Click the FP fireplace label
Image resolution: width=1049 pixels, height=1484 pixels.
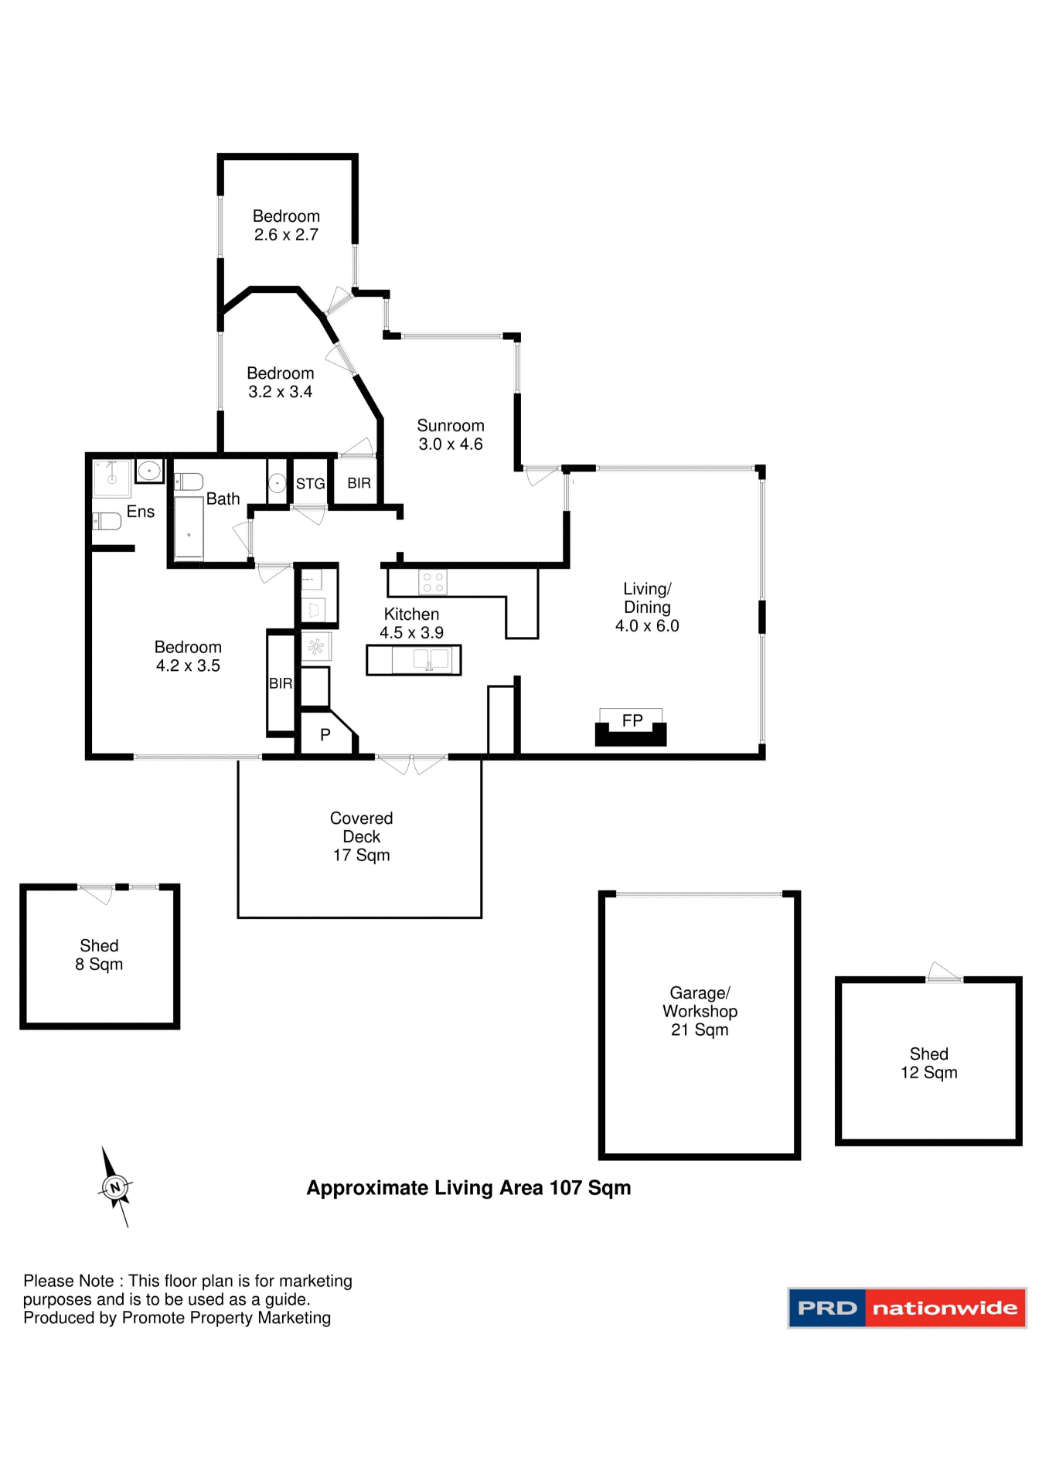632,720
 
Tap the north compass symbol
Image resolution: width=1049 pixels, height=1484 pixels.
116,1187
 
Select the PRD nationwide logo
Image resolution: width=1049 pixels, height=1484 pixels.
907,1308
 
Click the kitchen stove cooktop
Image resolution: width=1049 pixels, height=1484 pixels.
432,582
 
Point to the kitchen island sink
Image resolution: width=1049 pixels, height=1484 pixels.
431,659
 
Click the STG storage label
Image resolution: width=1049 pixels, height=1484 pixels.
310,484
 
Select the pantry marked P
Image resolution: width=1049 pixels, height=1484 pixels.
325,734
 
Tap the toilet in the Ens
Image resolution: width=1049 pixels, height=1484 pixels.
107,522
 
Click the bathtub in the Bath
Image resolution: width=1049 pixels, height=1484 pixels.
189,527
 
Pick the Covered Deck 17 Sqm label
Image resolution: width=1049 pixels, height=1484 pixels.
361,836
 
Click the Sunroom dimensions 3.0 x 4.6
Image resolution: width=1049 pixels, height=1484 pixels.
451,444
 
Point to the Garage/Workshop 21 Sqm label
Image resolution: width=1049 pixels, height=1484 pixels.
700,1011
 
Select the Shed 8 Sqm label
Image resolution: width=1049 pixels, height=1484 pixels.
99,955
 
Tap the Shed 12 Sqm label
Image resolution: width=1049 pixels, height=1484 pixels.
928,1063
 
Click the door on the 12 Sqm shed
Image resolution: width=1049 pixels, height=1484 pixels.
944,973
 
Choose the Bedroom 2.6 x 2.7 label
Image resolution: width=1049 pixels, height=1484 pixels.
286,225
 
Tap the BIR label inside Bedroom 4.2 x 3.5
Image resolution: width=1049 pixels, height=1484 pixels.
281,683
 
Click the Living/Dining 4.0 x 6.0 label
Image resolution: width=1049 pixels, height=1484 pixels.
647,607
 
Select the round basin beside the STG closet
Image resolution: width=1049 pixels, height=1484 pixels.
277,483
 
